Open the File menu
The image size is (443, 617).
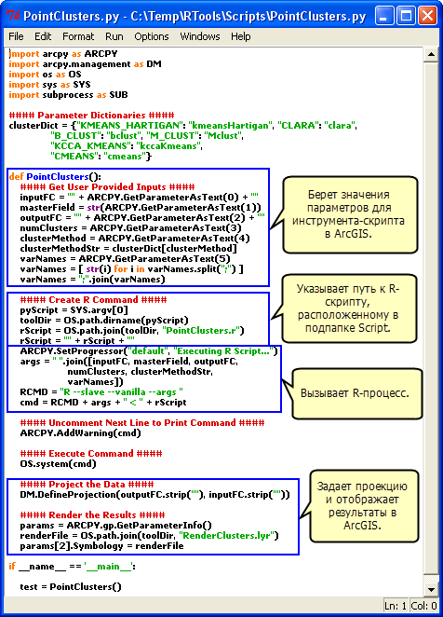[16, 36]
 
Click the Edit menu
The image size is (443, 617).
[43, 36]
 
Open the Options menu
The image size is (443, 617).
[151, 36]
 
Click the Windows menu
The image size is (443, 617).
[199, 36]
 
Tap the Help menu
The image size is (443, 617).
[240, 36]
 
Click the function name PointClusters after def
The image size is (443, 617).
[57, 176]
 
